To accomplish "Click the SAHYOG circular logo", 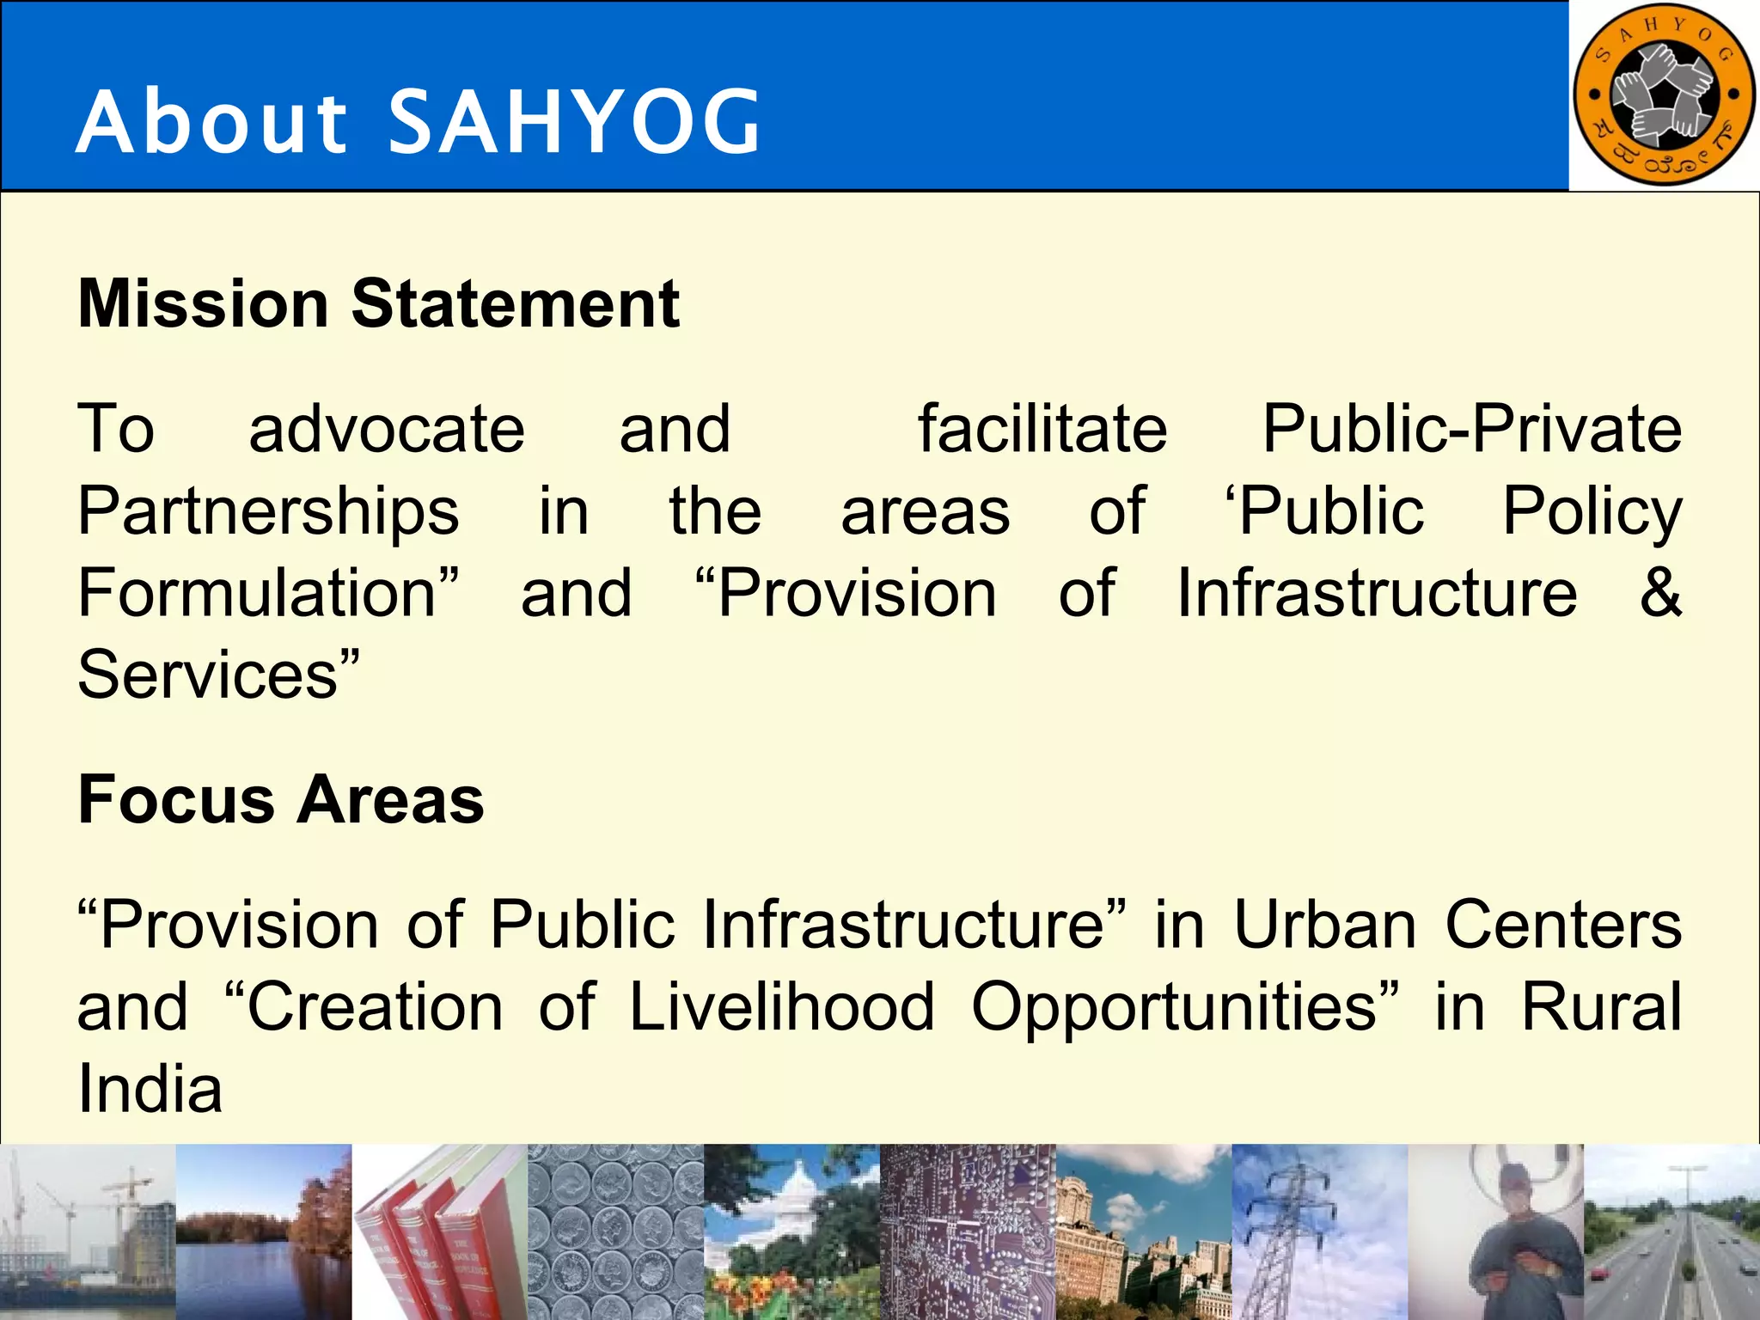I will point(1663,95).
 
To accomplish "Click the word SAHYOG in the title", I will point(575,123).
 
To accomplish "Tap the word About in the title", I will point(211,123).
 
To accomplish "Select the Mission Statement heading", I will point(378,304).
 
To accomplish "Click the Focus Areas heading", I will point(281,800).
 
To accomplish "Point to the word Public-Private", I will point(1471,429).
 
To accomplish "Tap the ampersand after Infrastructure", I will point(1659,593).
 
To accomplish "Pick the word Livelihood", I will point(781,1007).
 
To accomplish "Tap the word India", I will point(150,1090).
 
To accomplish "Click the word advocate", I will point(387,429).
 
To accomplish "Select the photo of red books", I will point(439,1231).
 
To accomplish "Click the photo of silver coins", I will point(615,1231).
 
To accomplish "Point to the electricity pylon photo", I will point(1319,1231).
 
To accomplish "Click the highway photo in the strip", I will point(1671,1231).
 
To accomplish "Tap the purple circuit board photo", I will point(967,1231).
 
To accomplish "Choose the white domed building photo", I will point(791,1231).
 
